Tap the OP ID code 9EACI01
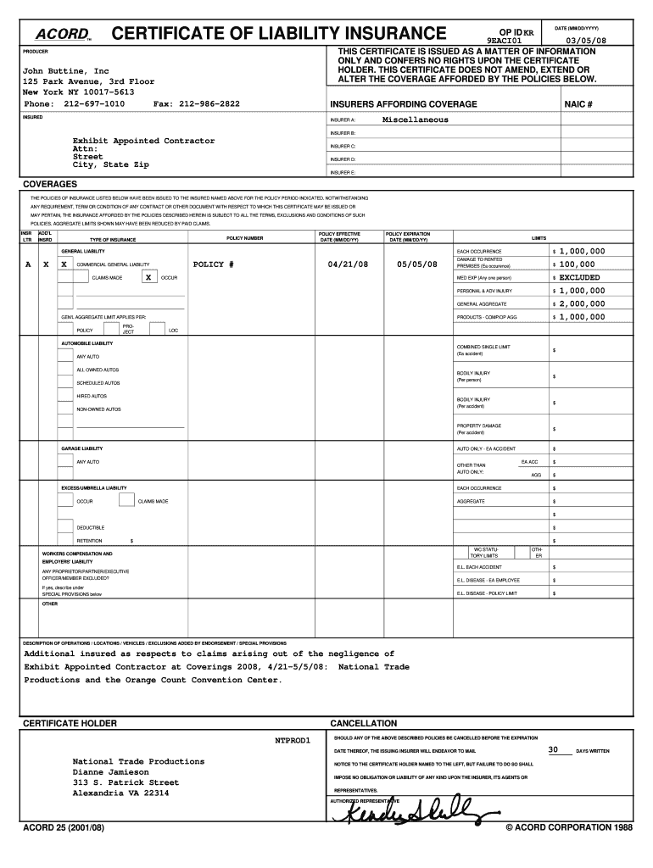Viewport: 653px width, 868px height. point(504,40)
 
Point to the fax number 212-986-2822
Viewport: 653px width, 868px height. point(209,103)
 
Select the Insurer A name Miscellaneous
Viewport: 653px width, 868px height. point(415,120)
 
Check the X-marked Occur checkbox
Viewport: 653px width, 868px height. point(148,277)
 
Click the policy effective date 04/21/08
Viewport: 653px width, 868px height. point(348,264)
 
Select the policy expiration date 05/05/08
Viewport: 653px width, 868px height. point(416,264)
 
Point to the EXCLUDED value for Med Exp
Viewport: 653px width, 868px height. point(579,277)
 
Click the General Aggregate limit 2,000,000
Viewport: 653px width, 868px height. point(582,303)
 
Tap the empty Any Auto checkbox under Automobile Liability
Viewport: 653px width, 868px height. point(65,356)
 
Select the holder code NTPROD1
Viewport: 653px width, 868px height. point(293,740)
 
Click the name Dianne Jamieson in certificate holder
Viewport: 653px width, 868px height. point(110,773)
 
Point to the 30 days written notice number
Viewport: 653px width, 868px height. point(553,750)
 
